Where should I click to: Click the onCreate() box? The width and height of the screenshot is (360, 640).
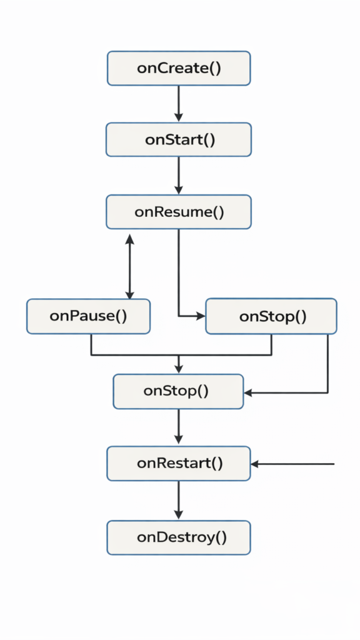tap(179, 68)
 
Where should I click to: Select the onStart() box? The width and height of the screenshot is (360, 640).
tap(179, 139)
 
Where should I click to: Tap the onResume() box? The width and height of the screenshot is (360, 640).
tap(179, 212)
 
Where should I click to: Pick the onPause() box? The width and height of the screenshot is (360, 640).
tap(88, 316)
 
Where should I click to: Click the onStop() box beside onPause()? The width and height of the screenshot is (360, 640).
tap(271, 316)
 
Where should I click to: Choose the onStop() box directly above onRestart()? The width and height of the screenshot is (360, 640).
tap(178, 392)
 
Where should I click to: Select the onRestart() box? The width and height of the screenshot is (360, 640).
tap(179, 464)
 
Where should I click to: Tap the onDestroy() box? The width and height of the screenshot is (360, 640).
tap(179, 537)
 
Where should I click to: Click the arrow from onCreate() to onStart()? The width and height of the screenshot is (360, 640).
tap(179, 103)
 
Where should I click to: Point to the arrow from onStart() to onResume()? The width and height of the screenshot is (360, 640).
tap(179, 175)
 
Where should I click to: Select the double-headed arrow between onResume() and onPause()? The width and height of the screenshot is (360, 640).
tap(130, 267)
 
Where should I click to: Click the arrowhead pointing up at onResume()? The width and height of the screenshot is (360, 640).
tap(130, 239)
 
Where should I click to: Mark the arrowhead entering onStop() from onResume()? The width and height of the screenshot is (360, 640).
tap(201, 316)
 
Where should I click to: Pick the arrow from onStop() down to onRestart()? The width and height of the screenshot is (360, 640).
tap(179, 427)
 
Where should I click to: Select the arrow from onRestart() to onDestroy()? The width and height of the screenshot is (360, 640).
tap(179, 500)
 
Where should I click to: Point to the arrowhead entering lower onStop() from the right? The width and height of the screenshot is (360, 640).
tap(248, 393)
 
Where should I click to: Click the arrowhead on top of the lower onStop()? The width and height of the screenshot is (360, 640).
tap(179, 369)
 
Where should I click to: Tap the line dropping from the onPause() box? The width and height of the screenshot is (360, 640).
tap(91, 344)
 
